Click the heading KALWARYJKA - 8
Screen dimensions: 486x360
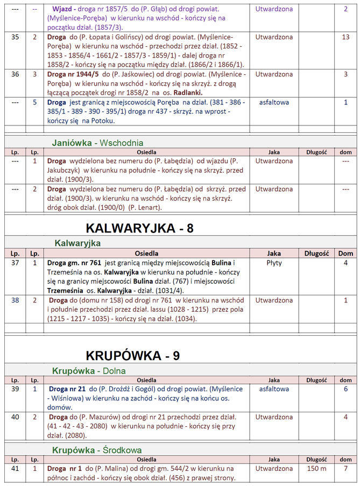pyautogui.click(x=139, y=228)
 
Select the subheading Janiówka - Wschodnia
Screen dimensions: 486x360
pyautogui.click(x=97, y=143)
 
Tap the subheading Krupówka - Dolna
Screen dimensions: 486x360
pyautogui.click(x=89, y=371)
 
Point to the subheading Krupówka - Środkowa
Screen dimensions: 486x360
pyautogui.click(x=97, y=449)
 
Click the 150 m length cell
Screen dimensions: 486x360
pyautogui.click(x=316, y=468)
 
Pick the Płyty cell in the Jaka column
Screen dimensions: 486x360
pyautogui.click(x=274, y=263)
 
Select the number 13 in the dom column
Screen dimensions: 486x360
pyautogui.click(x=345, y=37)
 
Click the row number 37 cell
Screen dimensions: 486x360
pyautogui.click(x=15, y=263)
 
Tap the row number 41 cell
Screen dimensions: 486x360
pyautogui.click(x=15, y=468)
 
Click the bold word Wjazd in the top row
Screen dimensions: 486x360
pyautogui.click(x=64, y=9)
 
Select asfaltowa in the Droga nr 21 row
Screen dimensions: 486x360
pyautogui.click(x=274, y=389)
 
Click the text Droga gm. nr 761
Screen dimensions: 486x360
pyautogui.click(x=75, y=263)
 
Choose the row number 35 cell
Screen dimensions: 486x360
pyautogui.click(x=15, y=37)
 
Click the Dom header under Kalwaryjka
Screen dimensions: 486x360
pyautogui.click(x=345, y=253)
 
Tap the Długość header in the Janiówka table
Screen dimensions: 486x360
pyautogui.click(x=316, y=152)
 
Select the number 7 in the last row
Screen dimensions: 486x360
pyautogui.click(x=345, y=468)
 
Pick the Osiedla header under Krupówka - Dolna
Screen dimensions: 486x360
pyautogui.click(x=147, y=380)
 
